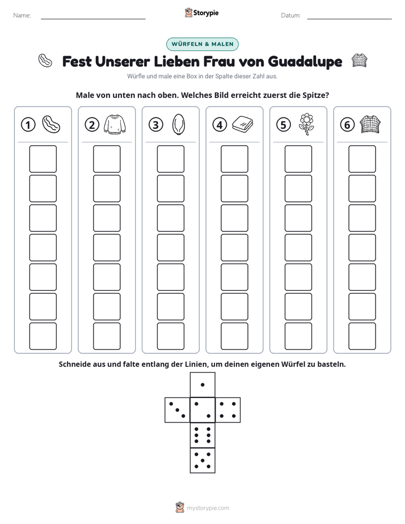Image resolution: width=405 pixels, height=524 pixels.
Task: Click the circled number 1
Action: pyautogui.click(x=28, y=125)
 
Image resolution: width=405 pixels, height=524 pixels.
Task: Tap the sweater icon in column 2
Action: pyautogui.click(x=115, y=125)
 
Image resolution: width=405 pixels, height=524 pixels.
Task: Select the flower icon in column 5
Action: pyautogui.click(x=306, y=124)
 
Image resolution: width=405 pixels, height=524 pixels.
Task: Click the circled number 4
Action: pyautogui.click(x=220, y=125)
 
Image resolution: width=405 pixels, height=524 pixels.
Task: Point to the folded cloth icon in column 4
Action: pyautogui.click(x=243, y=124)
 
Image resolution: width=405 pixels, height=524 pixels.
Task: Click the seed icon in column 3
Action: pyautogui.click(x=179, y=124)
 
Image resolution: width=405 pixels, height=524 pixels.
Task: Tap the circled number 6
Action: pyautogui.click(x=347, y=125)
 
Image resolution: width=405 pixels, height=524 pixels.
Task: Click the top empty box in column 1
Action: pyautogui.click(x=43, y=159)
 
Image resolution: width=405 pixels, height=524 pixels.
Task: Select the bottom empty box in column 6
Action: pyautogui.click(x=362, y=336)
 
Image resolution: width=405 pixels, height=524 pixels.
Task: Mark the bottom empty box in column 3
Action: pyautogui.click(x=171, y=336)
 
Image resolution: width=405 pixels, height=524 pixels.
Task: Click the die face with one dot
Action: pyautogui.click(x=202, y=384)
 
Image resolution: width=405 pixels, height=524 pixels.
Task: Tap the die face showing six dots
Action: pyautogui.click(x=202, y=435)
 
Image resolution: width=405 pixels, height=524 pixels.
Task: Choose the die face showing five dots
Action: pyautogui.click(x=202, y=460)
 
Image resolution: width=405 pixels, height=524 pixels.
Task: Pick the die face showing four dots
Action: pyautogui.click(x=228, y=410)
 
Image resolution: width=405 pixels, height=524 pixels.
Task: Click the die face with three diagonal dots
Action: pyautogui.click(x=178, y=410)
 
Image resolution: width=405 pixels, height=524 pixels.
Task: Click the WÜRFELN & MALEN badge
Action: pyautogui.click(x=202, y=44)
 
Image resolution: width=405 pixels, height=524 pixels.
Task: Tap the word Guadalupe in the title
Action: pyautogui.click(x=305, y=62)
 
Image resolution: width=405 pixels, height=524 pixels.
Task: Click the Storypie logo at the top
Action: pyautogui.click(x=202, y=13)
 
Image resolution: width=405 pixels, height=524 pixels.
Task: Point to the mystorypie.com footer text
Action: pyautogui.click(x=208, y=508)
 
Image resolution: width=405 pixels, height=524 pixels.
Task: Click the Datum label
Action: pyautogui.click(x=290, y=15)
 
